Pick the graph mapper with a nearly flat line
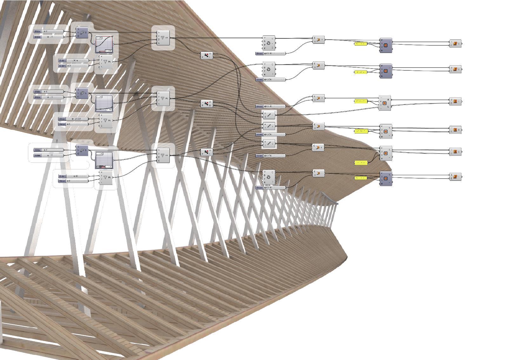[x=104, y=103]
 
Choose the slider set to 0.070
[x=271, y=156]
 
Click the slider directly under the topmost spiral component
[x=271, y=53]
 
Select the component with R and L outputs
[x=385, y=103]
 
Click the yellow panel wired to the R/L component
[x=360, y=101]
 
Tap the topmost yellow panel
[x=360, y=44]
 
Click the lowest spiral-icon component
[x=268, y=177]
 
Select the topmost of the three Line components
[x=269, y=115]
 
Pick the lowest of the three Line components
[x=269, y=144]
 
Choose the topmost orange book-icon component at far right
[x=455, y=43]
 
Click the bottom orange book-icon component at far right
[x=455, y=177]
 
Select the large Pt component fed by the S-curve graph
[x=163, y=38]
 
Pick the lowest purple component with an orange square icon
[x=386, y=178]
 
